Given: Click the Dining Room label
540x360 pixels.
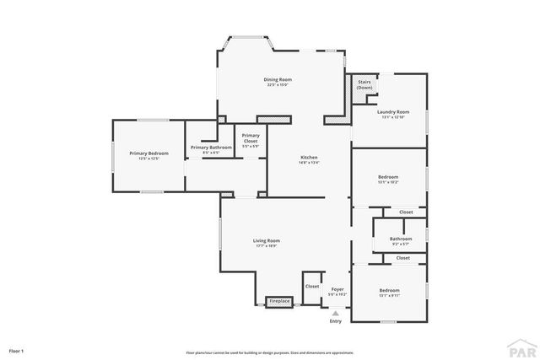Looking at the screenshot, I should click(x=278, y=81).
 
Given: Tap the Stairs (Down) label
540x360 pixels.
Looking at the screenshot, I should click(x=364, y=85).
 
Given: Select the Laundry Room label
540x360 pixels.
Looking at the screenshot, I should click(x=393, y=114).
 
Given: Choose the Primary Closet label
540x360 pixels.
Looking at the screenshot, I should click(x=251, y=138).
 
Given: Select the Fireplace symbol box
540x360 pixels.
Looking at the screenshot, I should click(x=279, y=301).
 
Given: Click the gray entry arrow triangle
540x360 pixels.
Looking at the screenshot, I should click(x=336, y=312).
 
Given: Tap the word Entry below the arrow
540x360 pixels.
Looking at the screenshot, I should click(x=336, y=321).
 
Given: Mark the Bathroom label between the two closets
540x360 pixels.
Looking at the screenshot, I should click(x=401, y=240).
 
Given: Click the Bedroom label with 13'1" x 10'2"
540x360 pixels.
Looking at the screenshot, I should click(x=388, y=179).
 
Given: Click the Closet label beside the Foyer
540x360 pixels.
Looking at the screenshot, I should click(x=312, y=286).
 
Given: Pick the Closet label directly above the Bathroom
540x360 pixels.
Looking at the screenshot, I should click(x=406, y=212).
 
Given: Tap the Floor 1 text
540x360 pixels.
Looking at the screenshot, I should click(x=17, y=350).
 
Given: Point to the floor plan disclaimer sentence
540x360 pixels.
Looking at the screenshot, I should click(x=270, y=352).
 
